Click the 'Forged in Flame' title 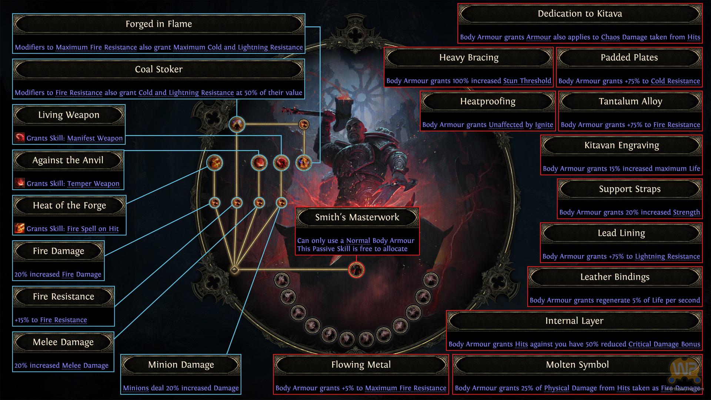[x=158, y=24]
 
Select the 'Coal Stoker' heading [x=158, y=69]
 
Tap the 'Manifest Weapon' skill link [x=95, y=138]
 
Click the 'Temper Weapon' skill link [x=93, y=184]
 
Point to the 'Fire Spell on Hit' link [x=93, y=229]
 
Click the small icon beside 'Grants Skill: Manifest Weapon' [x=20, y=138]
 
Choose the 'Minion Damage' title [x=181, y=365]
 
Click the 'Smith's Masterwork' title [x=357, y=217]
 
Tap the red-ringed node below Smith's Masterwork [x=357, y=270]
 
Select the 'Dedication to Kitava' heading [x=580, y=14]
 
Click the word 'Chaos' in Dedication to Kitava [x=610, y=37]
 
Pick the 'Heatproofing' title [x=487, y=101]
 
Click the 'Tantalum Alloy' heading [x=630, y=101]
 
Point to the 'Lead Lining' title [x=621, y=233]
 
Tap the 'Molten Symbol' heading [x=577, y=365]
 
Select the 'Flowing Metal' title [x=361, y=365]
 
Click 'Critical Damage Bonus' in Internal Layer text [x=664, y=344]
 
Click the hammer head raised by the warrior [x=336, y=106]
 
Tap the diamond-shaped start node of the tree [x=234, y=270]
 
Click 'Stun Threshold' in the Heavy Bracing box [x=527, y=81]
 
